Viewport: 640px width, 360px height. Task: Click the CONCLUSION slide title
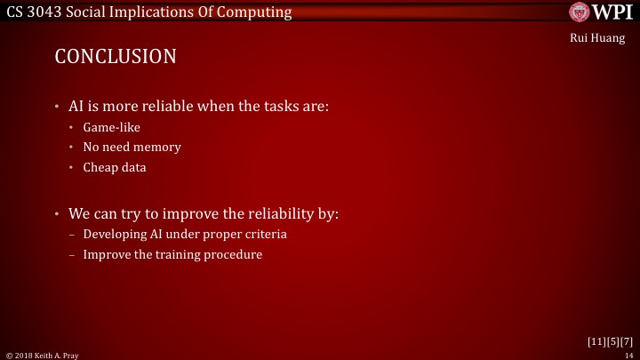(116, 57)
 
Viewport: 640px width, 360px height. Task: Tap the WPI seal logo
(579, 12)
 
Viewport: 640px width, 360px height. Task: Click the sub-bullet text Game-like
(111, 127)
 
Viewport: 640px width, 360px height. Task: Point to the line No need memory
(132, 147)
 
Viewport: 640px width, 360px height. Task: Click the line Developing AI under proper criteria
(184, 235)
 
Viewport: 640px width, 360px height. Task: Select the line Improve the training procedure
(172, 254)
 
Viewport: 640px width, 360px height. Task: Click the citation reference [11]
(596, 340)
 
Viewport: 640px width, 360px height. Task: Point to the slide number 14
(629, 354)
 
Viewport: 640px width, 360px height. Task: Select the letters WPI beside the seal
(612, 12)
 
